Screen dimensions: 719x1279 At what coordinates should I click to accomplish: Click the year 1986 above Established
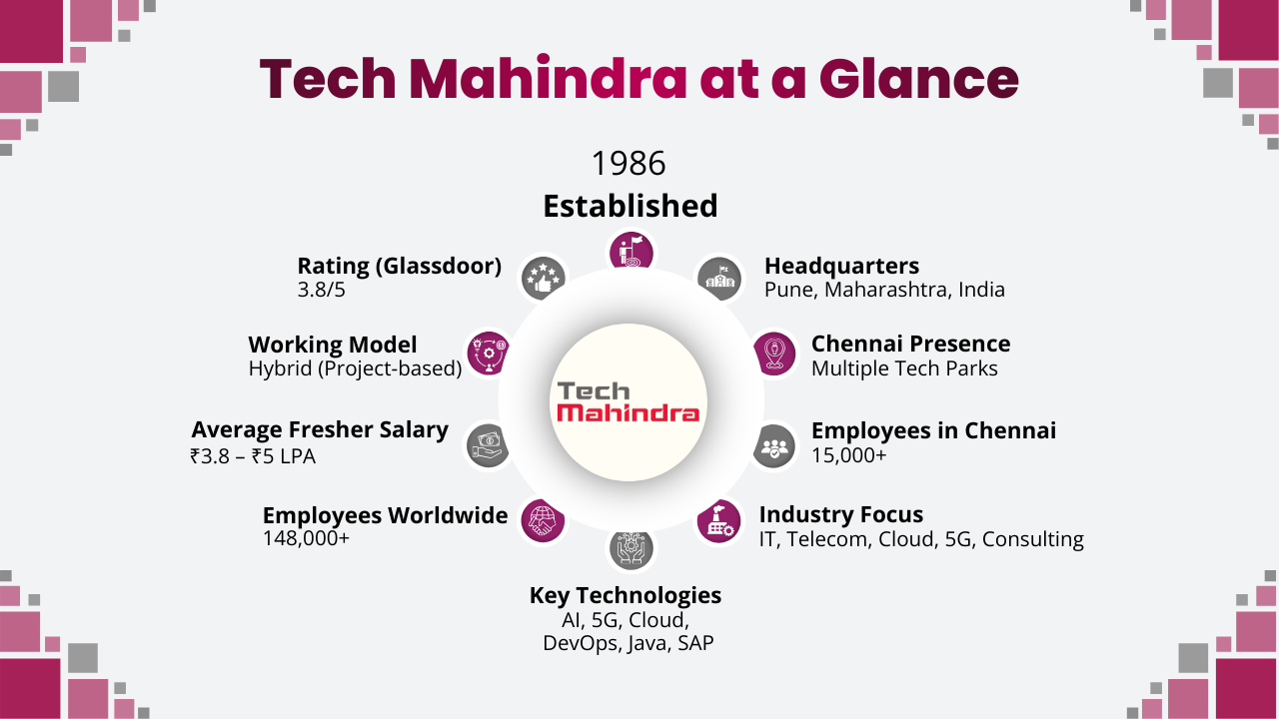(x=629, y=163)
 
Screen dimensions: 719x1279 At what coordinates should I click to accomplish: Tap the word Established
(x=630, y=206)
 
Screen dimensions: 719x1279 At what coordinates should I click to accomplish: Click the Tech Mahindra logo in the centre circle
(x=629, y=402)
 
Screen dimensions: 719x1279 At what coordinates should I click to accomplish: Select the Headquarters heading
(x=841, y=266)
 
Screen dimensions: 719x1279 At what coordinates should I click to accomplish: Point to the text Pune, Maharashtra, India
(x=884, y=290)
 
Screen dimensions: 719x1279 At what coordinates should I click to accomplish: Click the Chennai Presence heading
(x=910, y=344)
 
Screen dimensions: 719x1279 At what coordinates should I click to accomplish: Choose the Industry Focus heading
(x=840, y=514)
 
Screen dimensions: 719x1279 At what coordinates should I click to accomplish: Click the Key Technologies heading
(x=626, y=595)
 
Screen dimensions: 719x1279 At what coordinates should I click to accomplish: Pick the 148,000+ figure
(x=306, y=538)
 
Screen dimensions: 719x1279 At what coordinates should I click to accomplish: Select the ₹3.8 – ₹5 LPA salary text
(x=253, y=456)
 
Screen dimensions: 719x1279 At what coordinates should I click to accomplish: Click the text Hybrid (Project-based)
(x=355, y=368)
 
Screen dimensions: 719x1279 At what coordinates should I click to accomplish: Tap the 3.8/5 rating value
(x=323, y=290)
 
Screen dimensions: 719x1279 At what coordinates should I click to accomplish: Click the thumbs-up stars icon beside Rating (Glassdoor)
(x=543, y=278)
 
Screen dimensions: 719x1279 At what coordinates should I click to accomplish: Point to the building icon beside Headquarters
(x=719, y=278)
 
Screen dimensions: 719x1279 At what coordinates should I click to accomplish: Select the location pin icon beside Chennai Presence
(x=775, y=354)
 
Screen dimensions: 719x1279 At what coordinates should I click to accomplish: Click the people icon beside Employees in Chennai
(x=774, y=444)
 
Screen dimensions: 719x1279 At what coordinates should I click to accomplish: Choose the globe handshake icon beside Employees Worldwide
(x=543, y=521)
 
